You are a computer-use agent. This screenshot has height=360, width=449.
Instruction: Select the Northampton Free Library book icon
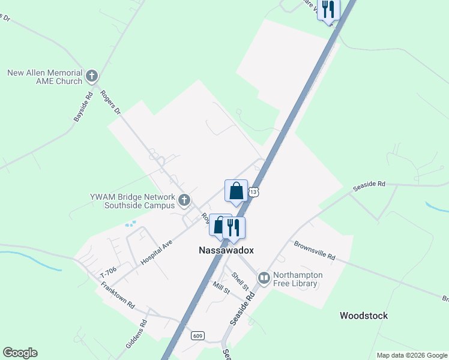264,278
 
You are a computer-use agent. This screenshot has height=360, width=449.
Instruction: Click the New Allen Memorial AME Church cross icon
91,76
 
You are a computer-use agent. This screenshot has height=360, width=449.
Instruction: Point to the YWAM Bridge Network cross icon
184,200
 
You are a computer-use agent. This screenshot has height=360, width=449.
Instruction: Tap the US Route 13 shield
255,192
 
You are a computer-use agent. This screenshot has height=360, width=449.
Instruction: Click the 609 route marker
197,336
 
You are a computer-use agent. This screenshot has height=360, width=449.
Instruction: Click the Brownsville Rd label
314,250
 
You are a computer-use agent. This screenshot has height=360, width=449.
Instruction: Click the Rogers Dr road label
110,103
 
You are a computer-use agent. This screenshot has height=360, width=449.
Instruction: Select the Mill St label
220,287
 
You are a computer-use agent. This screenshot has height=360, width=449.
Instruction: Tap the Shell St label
240,281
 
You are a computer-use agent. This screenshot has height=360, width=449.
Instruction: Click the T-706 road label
107,274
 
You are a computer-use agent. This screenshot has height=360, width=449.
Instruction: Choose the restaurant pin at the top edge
328,10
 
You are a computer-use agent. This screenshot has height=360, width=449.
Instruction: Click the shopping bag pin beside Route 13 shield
237,191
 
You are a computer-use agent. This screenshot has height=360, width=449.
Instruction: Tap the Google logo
20,353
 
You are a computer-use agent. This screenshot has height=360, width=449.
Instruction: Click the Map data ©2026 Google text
411,355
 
